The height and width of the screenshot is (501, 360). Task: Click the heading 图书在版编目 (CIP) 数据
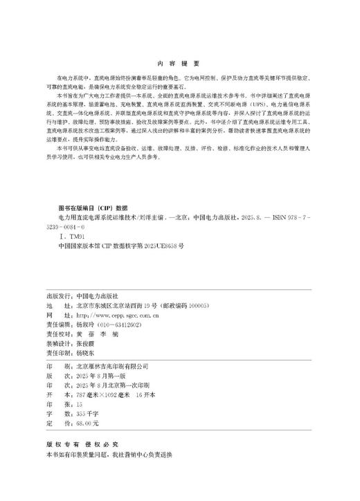tap(93, 207)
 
